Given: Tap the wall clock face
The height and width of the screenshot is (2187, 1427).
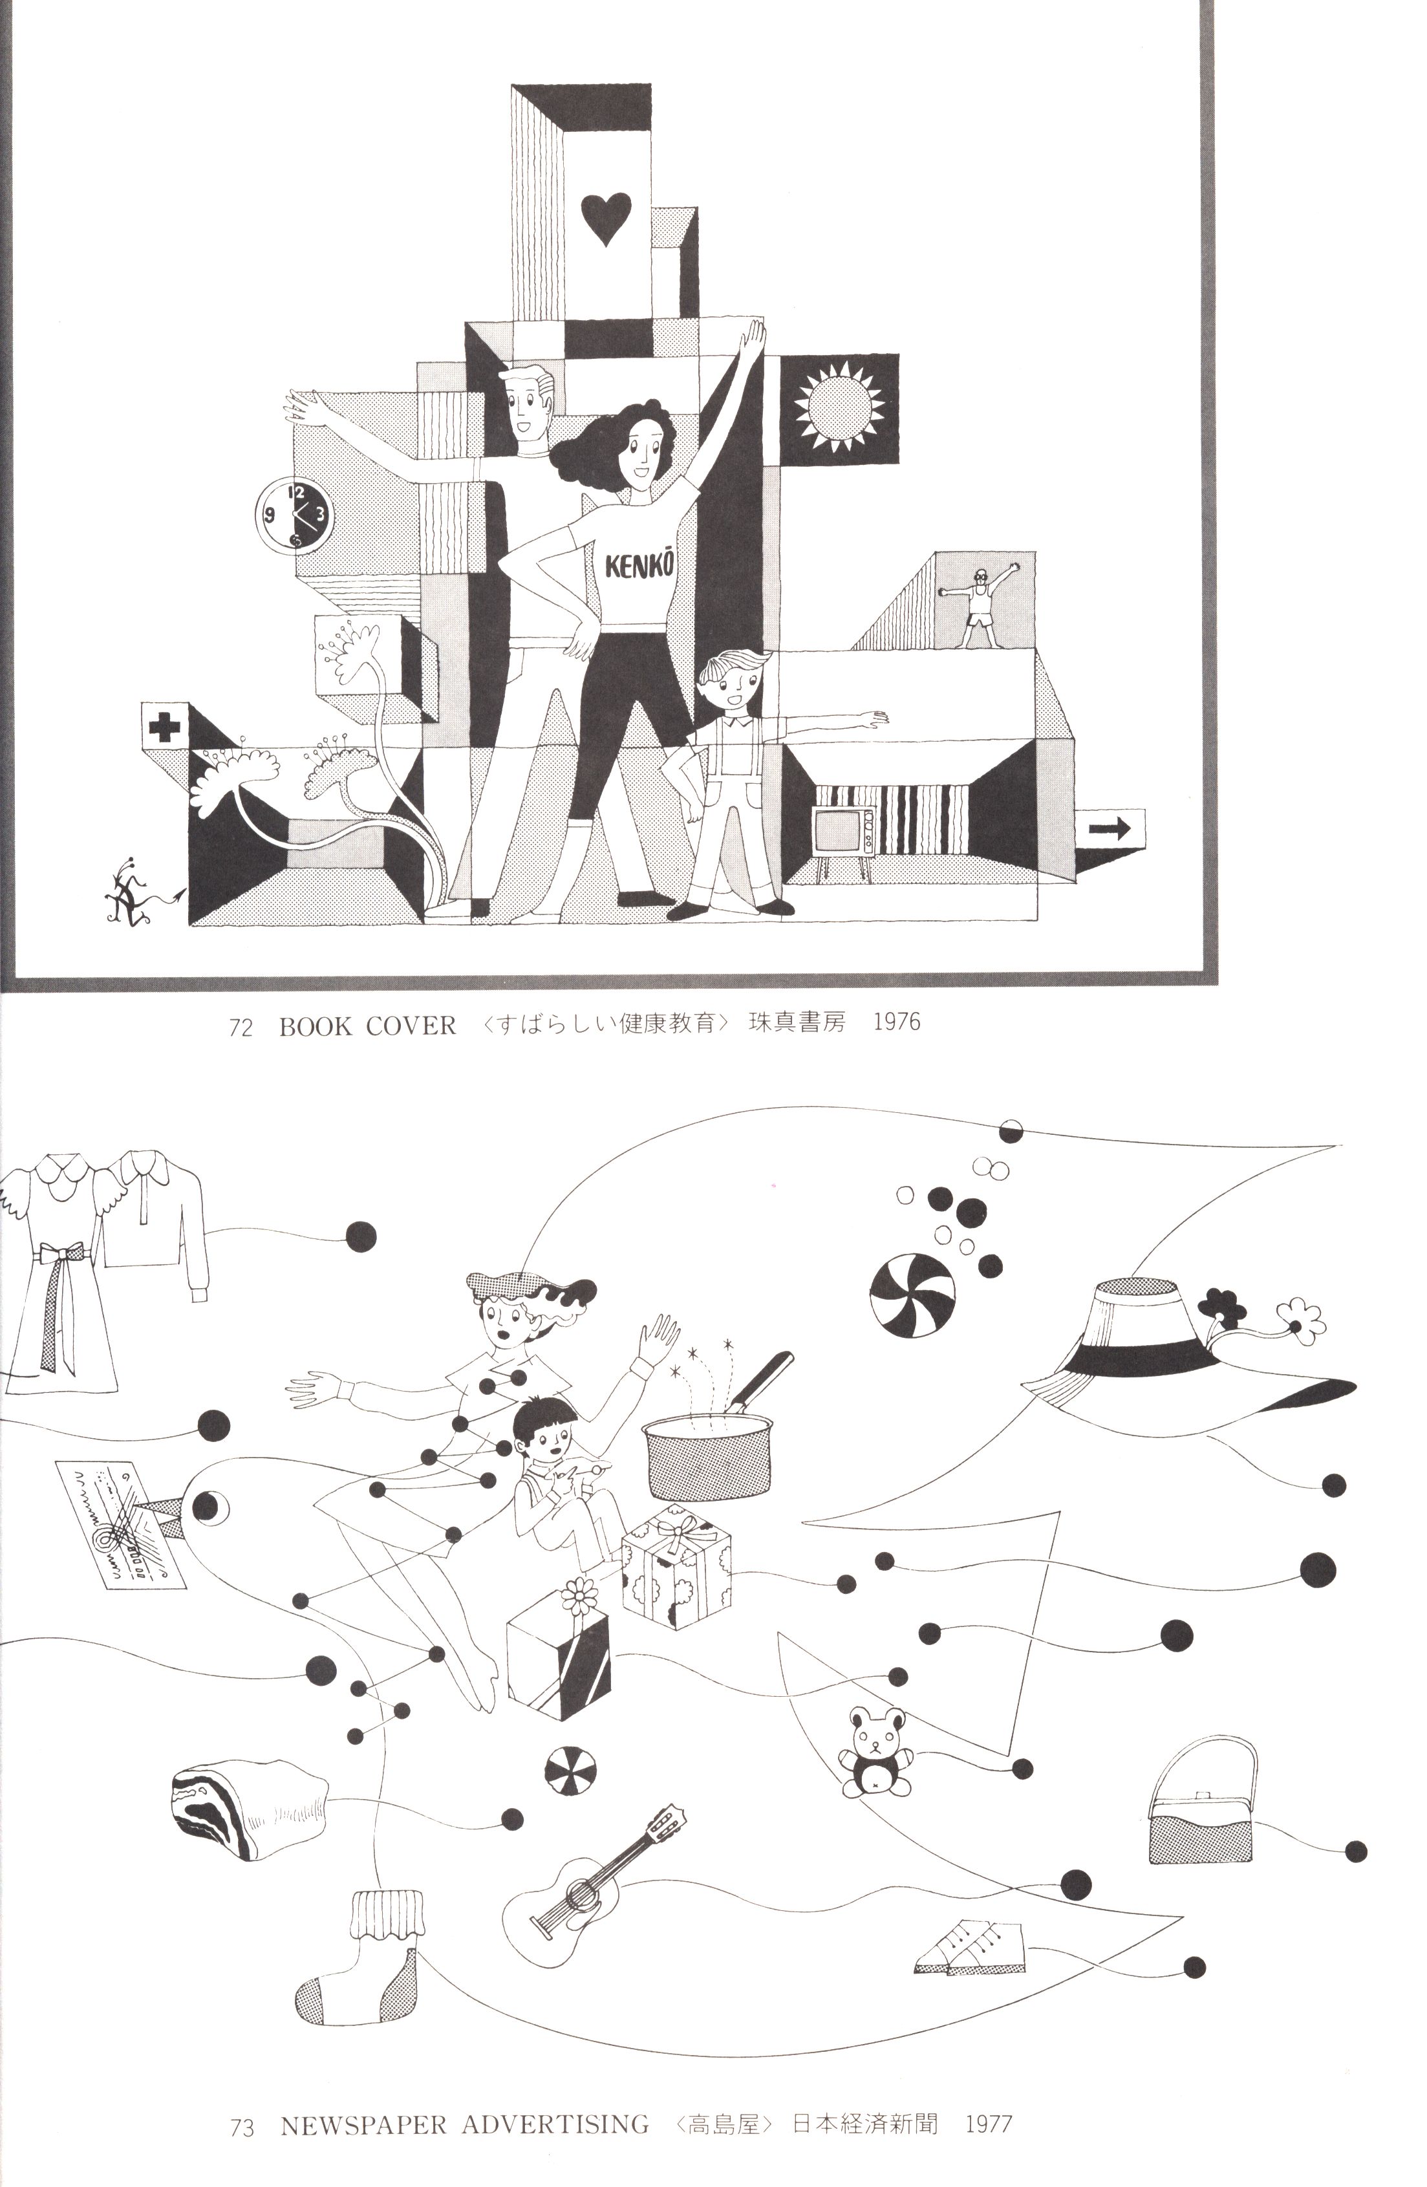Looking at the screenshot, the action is coord(294,515).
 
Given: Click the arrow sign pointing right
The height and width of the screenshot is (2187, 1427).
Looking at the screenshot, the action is coord(1110,830).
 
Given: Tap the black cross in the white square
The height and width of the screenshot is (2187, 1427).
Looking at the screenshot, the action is coord(164,727).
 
